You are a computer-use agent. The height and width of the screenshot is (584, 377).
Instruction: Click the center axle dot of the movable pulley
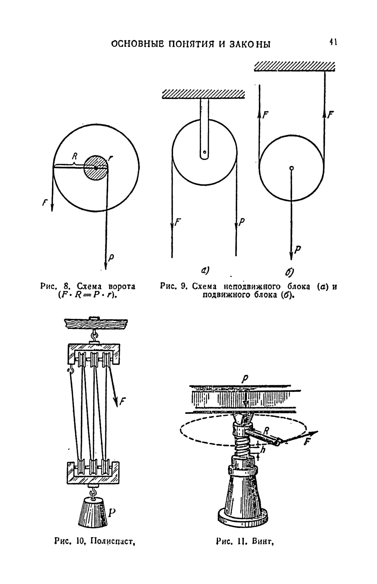coord(291,168)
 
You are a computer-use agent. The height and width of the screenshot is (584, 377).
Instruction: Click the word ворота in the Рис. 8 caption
coord(122,287)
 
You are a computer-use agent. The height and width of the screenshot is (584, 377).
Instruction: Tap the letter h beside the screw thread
coord(263,450)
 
